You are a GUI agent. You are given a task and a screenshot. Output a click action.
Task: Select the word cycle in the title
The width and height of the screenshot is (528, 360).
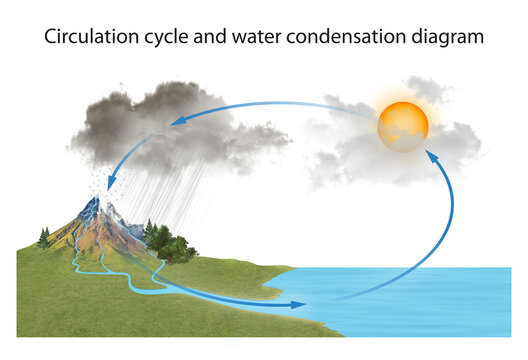(x=171, y=37)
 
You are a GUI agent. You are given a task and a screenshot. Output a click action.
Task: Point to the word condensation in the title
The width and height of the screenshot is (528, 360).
(x=350, y=37)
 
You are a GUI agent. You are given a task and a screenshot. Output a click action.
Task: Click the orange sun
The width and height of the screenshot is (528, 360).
(x=403, y=125)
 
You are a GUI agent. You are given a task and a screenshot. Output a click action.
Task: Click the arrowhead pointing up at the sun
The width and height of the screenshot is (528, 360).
(x=431, y=156)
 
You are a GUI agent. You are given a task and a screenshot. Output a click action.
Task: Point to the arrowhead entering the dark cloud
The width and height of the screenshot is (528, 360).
(x=179, y=120)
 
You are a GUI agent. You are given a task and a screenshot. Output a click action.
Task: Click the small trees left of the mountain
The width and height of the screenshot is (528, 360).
(x=44, y=238)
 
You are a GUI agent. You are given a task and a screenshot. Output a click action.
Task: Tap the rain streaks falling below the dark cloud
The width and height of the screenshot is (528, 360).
(x=180, y=190)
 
